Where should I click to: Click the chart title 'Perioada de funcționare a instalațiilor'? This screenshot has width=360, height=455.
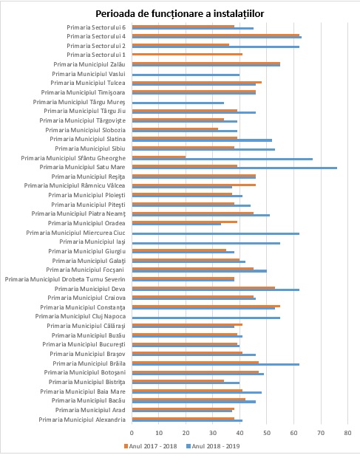[180, 13]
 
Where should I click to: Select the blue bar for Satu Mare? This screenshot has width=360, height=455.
[234, 168]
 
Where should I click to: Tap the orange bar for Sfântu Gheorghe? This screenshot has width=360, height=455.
[159, 157]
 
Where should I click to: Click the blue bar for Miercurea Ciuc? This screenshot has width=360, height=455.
[216, 233]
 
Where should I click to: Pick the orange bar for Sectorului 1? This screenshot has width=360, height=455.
[187, 54]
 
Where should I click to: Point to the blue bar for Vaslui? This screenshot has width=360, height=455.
[186, 75]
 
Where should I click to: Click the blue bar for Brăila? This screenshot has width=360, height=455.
[216, 364]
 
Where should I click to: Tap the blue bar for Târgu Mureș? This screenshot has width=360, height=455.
[178, 103]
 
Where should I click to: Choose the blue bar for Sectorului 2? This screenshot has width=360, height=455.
[216, 47]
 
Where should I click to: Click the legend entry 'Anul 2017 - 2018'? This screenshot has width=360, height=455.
[150, 446]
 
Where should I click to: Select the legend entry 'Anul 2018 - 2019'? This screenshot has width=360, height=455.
[213, 446]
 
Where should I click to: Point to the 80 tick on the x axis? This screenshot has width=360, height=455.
[348, 433]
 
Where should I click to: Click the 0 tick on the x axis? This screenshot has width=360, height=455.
[132, 433]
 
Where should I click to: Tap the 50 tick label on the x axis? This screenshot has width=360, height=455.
[267, 433]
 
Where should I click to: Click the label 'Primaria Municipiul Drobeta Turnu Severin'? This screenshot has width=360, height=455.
[65, 279]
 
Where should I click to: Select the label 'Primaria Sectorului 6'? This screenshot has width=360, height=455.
[96, 27]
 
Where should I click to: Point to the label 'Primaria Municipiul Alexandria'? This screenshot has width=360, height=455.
[82, 420]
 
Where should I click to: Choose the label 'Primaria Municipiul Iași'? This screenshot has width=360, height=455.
[92, 242]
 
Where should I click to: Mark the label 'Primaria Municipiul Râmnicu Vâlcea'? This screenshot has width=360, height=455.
[75, 185]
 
